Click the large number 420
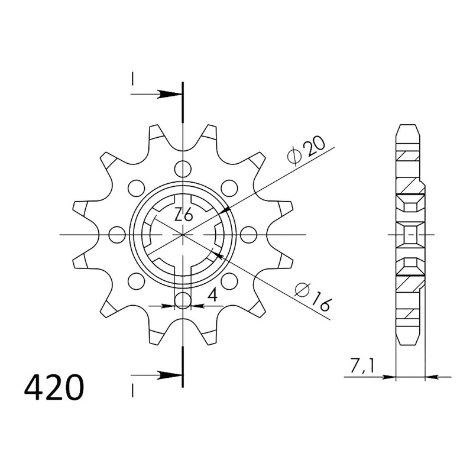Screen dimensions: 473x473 [x=54, y=388]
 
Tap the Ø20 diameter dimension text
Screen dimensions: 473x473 [x=306, y=151]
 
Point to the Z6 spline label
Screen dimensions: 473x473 [x=183, y=215]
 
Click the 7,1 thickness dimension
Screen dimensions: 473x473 [x=362, y=365]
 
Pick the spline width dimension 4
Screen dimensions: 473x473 [x=213, y=294]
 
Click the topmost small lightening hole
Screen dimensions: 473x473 [x=183, y=169]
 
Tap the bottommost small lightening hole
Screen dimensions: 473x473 [x=183, y=300]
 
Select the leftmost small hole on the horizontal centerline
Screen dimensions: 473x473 [x=117, y=234]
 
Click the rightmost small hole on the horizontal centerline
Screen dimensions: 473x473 [x=249, y=234]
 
